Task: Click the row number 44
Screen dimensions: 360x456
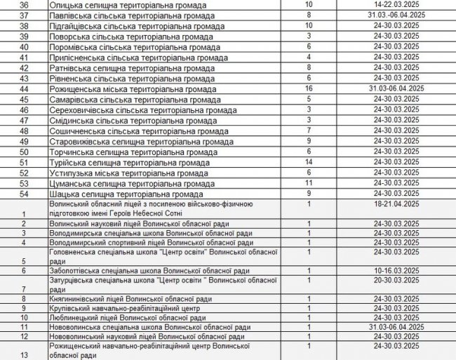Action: tap(25, 89)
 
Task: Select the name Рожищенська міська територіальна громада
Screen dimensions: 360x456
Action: tap(137, 89)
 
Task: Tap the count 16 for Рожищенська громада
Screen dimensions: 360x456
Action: tap(308, 88)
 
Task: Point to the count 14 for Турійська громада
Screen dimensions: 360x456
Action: tap(308, 162)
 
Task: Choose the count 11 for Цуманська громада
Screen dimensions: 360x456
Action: tap(308, 183)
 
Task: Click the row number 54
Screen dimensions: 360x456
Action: tap(25, 194)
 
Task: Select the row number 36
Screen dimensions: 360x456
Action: tap(25, 5)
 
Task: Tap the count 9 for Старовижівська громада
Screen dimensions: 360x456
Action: tap(308, 141)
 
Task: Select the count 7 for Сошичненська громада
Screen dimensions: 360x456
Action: tap(308, 131)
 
